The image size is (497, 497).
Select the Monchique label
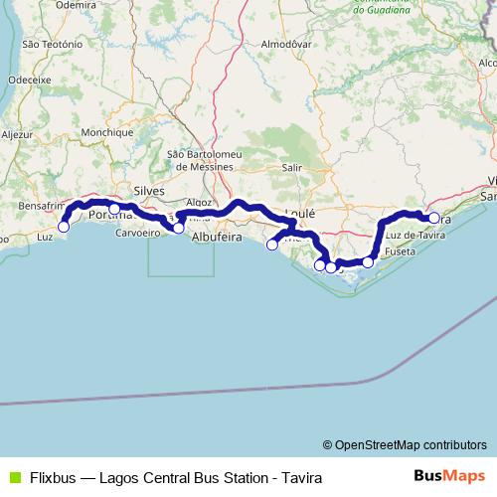click(x=108, y=132)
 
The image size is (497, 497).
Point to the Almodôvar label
click(x=286, y=45)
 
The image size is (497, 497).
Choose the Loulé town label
click(x=299, y=213)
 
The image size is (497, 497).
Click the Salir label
click(x=291, y=168)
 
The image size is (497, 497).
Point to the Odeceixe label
click(x=29, y=79)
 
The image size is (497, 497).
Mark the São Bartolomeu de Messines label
click(x=203, y=160)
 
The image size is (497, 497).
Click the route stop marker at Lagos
click(x=64, y=227)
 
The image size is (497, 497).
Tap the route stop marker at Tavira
click(x=434, y=218)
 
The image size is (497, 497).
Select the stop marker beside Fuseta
click(x=368, y=262)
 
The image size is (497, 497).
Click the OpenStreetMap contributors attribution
click(x=405, y=444)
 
